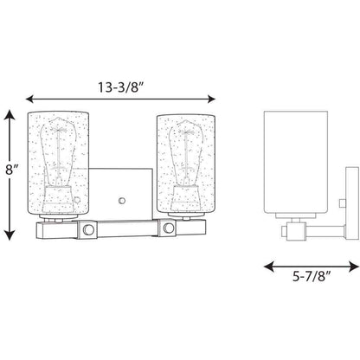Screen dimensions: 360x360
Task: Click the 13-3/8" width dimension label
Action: point(121,87)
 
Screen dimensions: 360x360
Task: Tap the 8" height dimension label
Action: point(12,170)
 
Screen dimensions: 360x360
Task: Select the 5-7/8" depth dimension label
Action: point(312,277)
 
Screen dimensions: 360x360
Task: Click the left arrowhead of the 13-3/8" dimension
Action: point(30,99)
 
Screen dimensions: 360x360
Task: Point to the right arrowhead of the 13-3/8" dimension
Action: point(211,99)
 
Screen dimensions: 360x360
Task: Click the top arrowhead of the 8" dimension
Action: point(10,115)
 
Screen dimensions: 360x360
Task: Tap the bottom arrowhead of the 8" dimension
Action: point(10,235)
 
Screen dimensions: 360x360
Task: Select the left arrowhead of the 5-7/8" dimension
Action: point(269,267)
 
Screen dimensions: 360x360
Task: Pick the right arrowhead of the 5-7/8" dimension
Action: point(354,267)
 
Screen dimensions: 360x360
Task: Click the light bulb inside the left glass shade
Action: point(59,152)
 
